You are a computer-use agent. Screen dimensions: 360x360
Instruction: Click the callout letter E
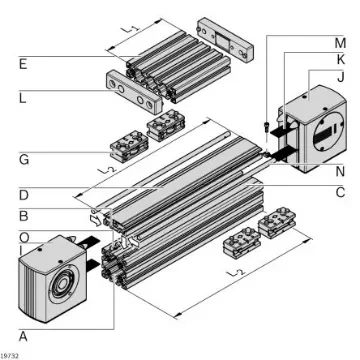tap(22, 63)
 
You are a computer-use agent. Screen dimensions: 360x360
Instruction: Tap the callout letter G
tap(22, 157)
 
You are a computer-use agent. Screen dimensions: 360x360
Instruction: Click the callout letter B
tap(22, 214)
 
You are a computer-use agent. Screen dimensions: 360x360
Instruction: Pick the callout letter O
tap(22, 237)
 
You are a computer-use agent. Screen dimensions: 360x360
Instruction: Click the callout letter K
tap(340, 60)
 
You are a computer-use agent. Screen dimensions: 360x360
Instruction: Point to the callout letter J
tap(340, 77)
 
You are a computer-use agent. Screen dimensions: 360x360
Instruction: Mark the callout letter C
tap(340, 190)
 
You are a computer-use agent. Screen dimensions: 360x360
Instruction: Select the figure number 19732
tap(12, 354)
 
